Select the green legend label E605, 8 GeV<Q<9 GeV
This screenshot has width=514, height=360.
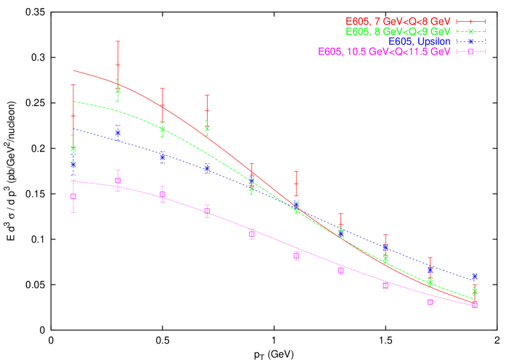399,32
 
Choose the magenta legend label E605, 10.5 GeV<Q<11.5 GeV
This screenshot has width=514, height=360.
384,52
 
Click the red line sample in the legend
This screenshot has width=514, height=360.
470,22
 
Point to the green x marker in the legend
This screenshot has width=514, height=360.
470,32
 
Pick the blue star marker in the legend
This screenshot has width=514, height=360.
470,42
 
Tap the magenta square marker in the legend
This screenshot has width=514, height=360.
470,52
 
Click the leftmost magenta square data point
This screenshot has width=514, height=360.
73,196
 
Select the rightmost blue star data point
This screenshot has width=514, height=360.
474,277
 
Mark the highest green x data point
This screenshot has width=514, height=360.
118,91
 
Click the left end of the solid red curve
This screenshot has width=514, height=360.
73,70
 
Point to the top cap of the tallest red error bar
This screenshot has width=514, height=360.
118,41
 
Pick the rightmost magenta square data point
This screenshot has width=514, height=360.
474,304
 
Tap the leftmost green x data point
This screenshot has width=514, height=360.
73,149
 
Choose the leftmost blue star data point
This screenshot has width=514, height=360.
73,165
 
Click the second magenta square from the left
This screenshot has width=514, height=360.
118,181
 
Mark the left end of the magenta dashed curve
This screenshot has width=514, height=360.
73,181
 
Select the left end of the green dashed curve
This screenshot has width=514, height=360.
73,101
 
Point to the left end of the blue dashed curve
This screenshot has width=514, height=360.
73,129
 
